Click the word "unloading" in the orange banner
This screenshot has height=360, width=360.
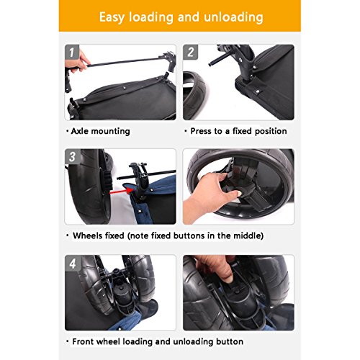pyautogui.click(x=233, y=17)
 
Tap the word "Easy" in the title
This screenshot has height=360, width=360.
pyautogui.click(x=112, y=17)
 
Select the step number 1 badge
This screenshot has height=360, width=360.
pyautogui.click(x=71, y=52)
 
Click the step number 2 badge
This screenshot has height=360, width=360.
pyautogui.click(x=190, y=52)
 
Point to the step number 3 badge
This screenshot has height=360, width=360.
pyautogui.click(x=72, y=156)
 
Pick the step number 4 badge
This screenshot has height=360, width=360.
pyautogui.click(x=73, y=264)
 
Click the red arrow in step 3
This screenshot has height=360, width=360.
pyautogui.click(x=121, y=191)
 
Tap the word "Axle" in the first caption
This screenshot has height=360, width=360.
pyautogui.click(x=80, y=131)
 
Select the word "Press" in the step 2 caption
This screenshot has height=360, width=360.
pyautogui.click(x=201, y=131)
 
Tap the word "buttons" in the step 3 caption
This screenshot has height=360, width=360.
pyautogui.click(x=189, y=235)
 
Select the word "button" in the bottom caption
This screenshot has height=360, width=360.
pyautogui.click(x=230, y=341)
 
